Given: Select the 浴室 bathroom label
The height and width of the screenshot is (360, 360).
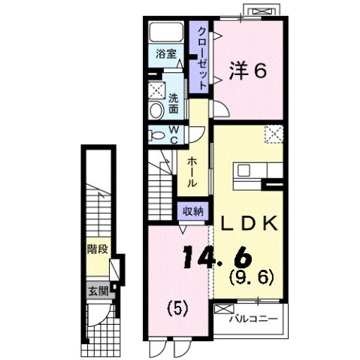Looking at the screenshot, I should [x=165, y=54].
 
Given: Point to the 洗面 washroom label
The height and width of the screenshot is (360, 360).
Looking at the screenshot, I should [x=173, y=103].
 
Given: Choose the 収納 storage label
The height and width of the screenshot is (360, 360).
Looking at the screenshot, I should [x=192, y=211].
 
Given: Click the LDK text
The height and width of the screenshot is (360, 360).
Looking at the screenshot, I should [x=250, y=223].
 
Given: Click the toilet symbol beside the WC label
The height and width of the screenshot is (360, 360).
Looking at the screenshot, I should [x=156, y=135].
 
